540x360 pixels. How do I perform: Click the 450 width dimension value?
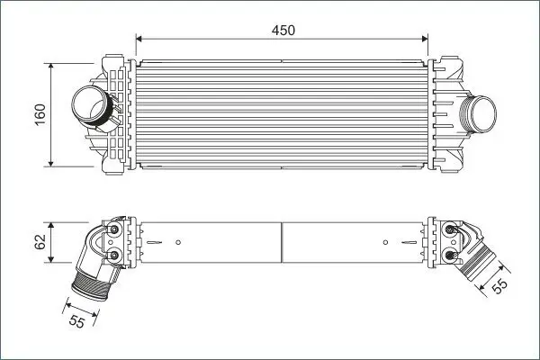point(284,30)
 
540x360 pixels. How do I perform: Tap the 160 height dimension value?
point(40,114)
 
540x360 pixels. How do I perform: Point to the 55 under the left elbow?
point(78,321)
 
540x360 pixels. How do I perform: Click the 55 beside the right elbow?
point(500,283)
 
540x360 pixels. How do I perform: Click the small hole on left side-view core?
point(179,242)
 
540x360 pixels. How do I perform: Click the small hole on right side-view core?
point(385,242)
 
